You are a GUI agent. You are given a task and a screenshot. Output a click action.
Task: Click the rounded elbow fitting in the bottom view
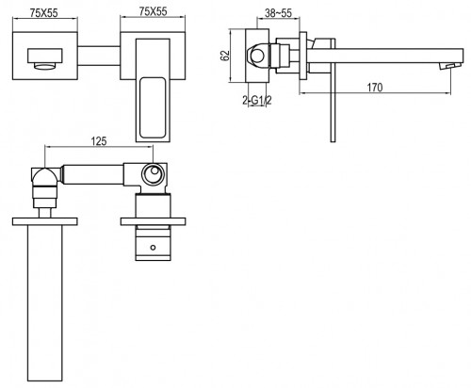pyautogui.click(x=42, y=176)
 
